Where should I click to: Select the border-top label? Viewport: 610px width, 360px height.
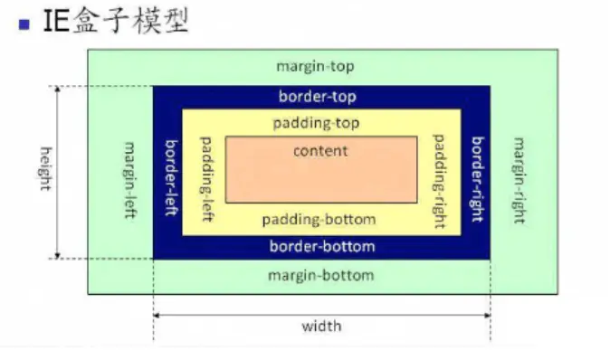tap(321, 96)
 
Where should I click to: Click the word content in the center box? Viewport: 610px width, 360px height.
tap(320, 150)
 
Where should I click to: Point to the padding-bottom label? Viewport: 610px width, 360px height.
tap(319, 220)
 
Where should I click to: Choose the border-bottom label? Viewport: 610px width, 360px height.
tap(321, 246)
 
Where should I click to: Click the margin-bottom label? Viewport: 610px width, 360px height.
tap(321, 275)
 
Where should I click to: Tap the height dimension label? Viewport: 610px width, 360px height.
tap(43, 172)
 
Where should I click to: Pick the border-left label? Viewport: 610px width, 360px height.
tap(169, 172)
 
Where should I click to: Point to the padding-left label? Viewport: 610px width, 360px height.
tap(205, 172)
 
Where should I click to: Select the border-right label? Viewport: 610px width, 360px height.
tap(477, 172)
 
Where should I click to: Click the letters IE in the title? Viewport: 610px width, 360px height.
tap(55, 22)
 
